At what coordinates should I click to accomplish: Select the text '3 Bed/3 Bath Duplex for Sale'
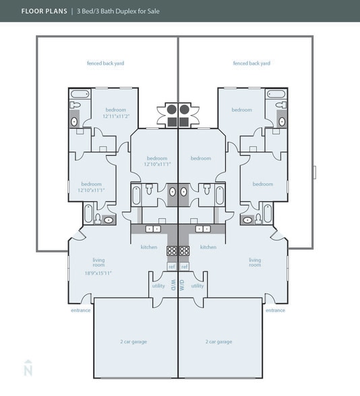tap(117, 11)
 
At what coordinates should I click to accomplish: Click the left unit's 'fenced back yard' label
tap(105, 63)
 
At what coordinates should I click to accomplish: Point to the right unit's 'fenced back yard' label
tap(251, 63)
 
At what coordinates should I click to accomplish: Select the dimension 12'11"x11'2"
tap(115, 116)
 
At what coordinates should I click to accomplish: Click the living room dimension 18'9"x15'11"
tap(98, 273)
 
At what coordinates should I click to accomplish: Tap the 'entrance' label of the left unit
tap(80, 310)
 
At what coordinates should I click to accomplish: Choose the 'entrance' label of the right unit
tap(275, 310)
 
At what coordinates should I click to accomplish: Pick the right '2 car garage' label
tap(219, 341)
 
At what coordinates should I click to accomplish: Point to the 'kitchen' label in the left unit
tap(149, 247)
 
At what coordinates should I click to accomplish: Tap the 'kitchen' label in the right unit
tap(208, 247)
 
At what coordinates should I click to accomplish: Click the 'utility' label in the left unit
tap(158, 286)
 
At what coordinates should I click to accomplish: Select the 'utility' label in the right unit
tap(198, 286)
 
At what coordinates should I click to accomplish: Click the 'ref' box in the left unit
tap(171, 267)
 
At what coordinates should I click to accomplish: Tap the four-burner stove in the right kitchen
tap(185, 250)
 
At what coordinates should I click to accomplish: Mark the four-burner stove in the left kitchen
tap(171, 250)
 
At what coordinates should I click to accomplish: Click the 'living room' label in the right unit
tap(255, 262)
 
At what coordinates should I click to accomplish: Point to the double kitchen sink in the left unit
tap(154, 229)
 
